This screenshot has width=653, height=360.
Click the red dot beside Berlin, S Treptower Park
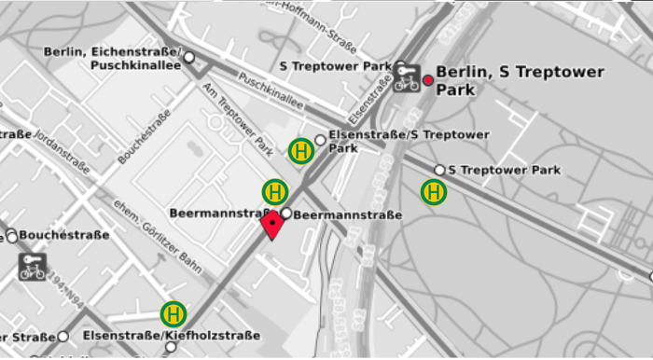click(x=428, y=80)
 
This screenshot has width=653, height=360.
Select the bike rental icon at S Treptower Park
click(x=406, y=79)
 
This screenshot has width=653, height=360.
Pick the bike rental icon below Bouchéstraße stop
click(x=33, y=267)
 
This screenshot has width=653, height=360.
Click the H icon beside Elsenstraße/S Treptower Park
click(x=300, y=150)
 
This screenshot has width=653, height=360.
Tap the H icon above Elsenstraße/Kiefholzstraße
click(x=174, y=313)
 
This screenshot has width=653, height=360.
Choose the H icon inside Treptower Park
click(x=434, y=192)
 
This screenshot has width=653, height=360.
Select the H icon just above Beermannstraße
click(x=274, y=191)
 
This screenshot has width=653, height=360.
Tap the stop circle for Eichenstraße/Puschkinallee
click(x=189, y=58)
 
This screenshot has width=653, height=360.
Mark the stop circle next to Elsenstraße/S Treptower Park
click(x=320, y=140)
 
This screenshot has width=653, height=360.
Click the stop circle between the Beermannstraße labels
click(x=285, y=214)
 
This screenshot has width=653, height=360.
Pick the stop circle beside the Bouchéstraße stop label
click(x=11, y=235)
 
